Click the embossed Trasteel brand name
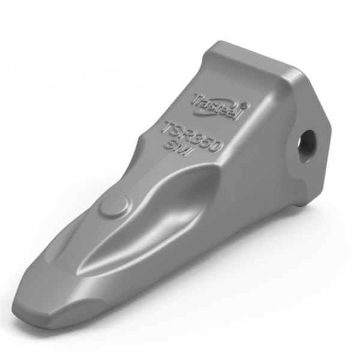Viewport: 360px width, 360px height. [x=215, y=106]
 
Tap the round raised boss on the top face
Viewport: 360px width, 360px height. [x=114, y=206]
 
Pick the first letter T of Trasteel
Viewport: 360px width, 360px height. [x=196, y=96]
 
